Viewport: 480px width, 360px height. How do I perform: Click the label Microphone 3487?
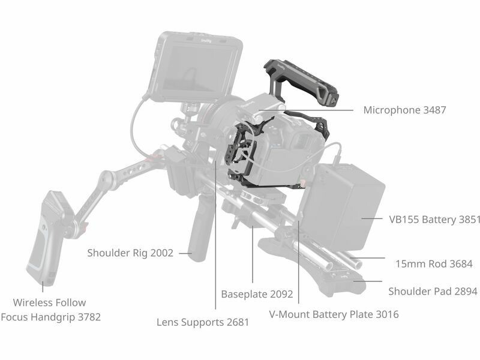pos(404,110)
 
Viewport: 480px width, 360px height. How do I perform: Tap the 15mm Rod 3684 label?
pos(434,263)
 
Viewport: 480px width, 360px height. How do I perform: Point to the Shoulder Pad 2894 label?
pos(432,292)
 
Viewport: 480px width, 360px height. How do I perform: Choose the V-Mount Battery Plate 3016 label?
pos(334,314)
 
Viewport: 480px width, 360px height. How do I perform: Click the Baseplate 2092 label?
pos(257,294)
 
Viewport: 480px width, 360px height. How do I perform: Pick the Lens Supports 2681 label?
pos(203,322)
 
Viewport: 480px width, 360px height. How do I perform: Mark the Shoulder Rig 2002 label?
pos(130,253)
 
